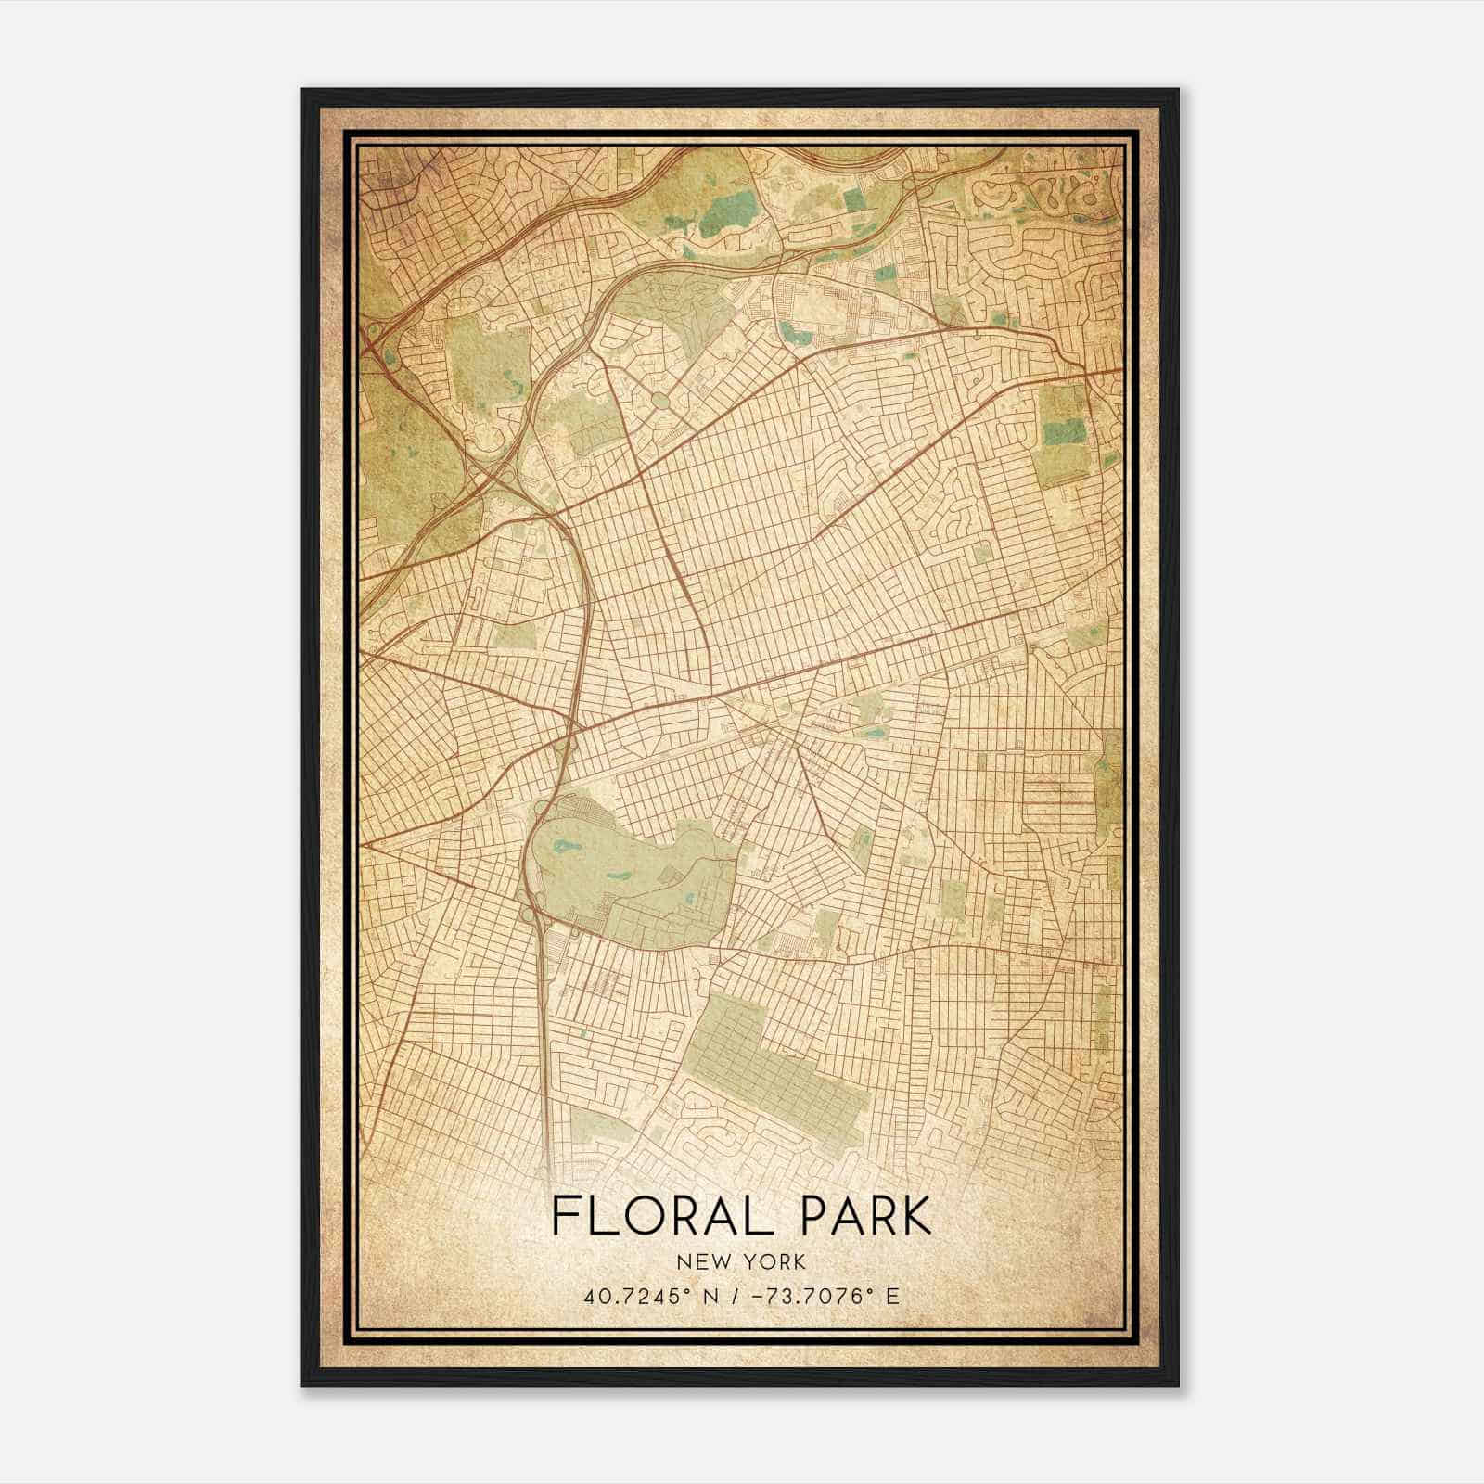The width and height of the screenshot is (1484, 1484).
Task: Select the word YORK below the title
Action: click(773, 1261)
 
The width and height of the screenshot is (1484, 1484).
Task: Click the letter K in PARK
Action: click(915, 1216)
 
